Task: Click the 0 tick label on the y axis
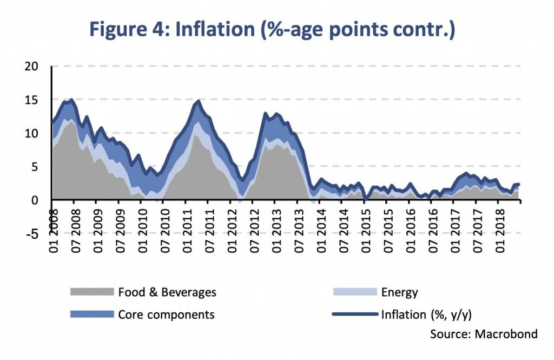click(36, 200)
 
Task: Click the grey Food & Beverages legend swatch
click(91, 292)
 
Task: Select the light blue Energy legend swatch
click(354, 292)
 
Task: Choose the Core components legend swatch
click(91, 315)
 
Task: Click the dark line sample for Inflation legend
click(354, 315)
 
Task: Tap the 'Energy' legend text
click(399, 292)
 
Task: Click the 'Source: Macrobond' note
click(484, 334)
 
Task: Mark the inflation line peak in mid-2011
click(199, 101)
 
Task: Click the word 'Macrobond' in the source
click(506, 334)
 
